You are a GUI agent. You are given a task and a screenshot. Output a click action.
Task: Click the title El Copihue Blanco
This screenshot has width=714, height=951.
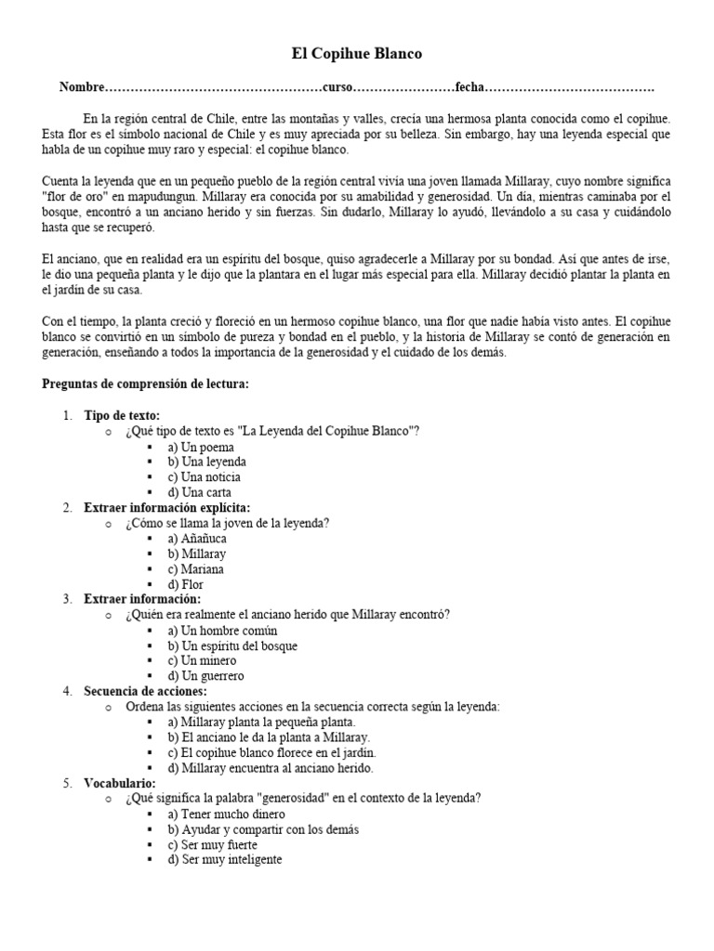pyautogui.click(x=356, y=54)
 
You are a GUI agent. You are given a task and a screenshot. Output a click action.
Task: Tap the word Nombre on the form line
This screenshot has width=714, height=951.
pyautogui.click(x=82, y=87)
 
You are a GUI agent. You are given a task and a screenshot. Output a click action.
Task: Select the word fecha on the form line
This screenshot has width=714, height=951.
pyautogui.click(x=470, y=87)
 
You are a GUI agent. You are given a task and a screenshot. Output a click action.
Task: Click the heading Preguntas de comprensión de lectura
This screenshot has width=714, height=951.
pyautogui.click(x=146, y=384)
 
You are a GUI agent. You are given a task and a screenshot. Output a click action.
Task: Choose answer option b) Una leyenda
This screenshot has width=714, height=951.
pyautogui.click(x=206, y=462)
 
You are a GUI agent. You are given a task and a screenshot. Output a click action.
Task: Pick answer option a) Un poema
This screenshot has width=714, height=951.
pyautogui.click(x=201, y=447)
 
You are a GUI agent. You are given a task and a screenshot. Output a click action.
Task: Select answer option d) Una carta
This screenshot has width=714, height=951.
pyautogui.click(x=200, y=492)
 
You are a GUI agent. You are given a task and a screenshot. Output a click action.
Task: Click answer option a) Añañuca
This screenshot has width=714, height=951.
pyautogui.click(x=201, y=539)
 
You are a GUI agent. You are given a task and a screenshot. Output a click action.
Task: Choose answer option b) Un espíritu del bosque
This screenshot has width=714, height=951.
pyautogui.click(x=232, y=645)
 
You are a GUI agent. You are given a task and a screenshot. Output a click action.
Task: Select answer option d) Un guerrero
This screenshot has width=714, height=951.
pyautogui.click(x=205, y=676)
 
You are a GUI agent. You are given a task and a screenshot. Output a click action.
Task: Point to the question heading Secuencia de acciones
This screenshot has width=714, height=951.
pyautogui.click(x=145, y=692)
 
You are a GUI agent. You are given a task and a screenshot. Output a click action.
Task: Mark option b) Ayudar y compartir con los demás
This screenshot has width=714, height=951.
pyautogui.click(x=263, y=829)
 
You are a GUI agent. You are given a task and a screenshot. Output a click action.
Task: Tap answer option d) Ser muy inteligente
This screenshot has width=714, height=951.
pyautogui.click(x=224, y=860)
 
